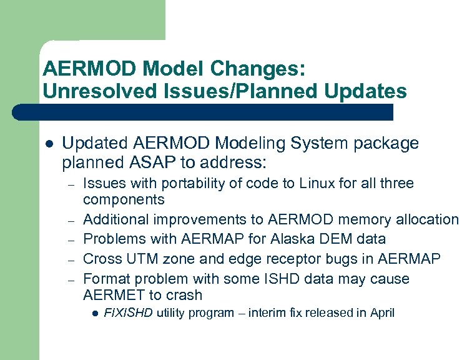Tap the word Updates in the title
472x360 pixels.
[x=366, y=91]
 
